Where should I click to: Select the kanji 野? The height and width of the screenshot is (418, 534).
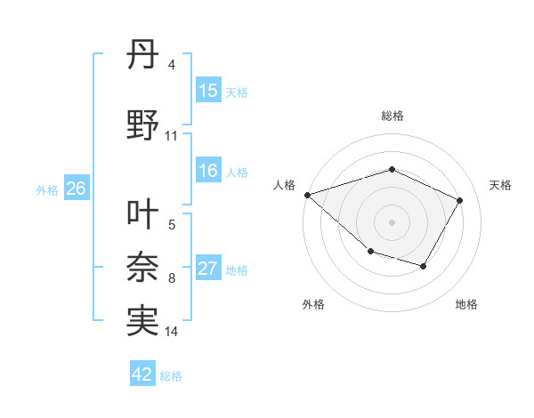[x=142, y=125]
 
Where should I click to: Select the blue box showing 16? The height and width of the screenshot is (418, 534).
[x=208, y=171]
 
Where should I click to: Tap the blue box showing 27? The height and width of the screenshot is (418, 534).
[x=208, y=269]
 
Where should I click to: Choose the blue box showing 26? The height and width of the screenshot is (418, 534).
[x=76, y=189]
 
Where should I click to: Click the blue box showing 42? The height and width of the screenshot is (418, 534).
[x=142, y=374]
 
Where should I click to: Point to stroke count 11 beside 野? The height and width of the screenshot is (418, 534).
[x=172, y=136]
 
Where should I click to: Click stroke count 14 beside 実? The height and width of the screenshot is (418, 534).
[x=172, y=332]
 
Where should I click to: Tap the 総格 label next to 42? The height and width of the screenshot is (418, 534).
[x=171, y=376]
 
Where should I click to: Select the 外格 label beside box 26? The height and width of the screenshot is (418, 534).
[x=47, y=189]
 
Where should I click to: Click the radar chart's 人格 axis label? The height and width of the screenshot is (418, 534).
[x=285, y=185]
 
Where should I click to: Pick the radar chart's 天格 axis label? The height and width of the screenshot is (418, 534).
[x=500, y=185]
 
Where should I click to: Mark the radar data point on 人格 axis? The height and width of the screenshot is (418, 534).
[x=307, y=194]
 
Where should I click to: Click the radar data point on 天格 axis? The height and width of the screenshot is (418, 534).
[x=459, y=200]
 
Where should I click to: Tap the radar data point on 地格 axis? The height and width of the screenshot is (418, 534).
[x=424, y=266]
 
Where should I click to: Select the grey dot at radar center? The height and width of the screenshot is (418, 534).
[x=392, y=221]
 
